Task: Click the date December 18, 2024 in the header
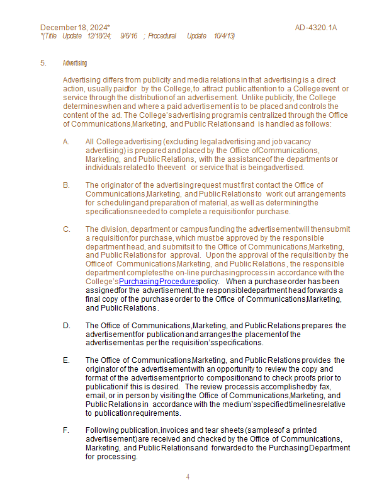point(74,28)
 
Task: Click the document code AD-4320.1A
point(316,28)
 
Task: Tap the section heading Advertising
point(75,63)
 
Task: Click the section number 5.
point(43,63)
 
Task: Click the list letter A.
point(66,142)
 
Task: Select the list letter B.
point(66,185)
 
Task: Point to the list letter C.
point(66,229)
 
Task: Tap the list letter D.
point(66,326)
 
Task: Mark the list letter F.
point(66,430)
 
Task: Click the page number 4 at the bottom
point(188,477)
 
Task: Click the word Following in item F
point(101,430)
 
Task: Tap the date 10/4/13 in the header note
point(223,36)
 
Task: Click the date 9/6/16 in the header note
point(129,36)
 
